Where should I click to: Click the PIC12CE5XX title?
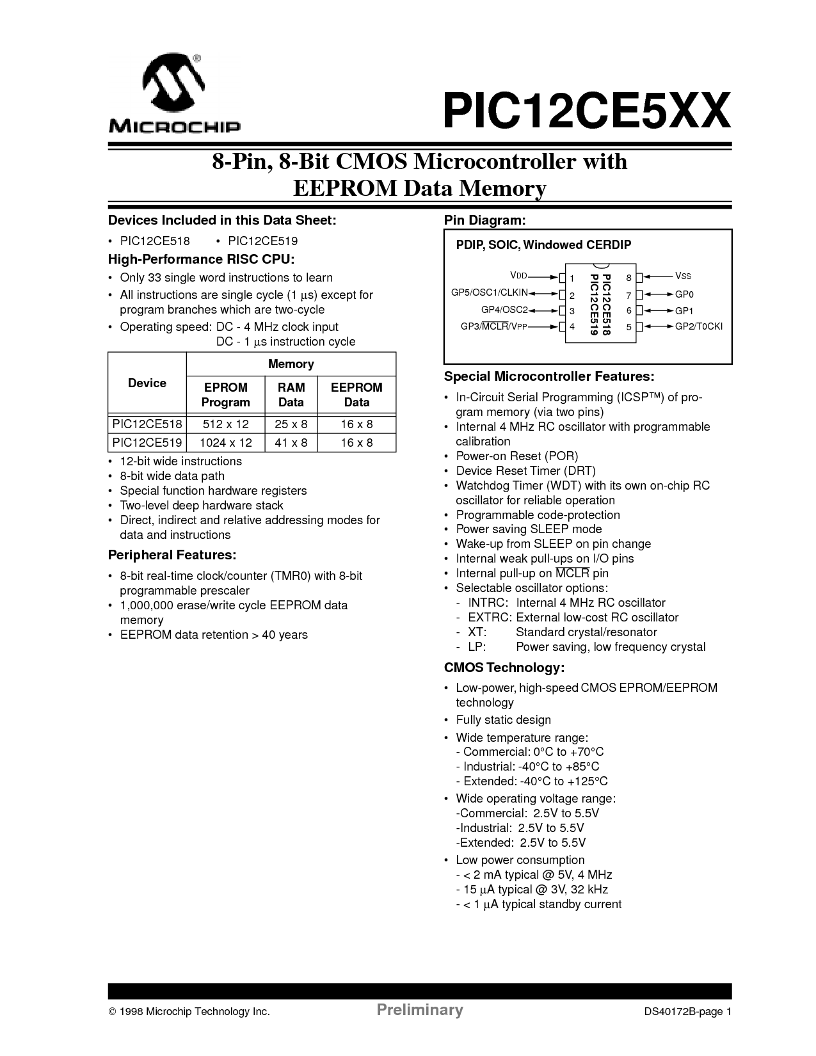(585, 111)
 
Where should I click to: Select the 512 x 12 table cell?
(225, 424)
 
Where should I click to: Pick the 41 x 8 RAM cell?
(291, 443)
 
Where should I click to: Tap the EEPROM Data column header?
(356, 395)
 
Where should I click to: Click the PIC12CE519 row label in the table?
(147, 443)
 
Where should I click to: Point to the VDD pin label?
(518, 275)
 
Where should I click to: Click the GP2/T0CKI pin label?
(698, 326)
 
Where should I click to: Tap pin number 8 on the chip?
(629, 278)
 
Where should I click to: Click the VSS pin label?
(683, 276)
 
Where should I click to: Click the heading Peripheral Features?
(172, 555)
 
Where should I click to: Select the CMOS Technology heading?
(504, 668)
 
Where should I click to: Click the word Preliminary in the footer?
(419, 1011)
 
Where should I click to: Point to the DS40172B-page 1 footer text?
(687, 1012)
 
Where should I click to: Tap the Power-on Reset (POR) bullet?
(516, 456)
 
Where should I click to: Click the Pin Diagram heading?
(485, 221)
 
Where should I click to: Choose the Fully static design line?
(503, 720)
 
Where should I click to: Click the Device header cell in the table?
(147, 383)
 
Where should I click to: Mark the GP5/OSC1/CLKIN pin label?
(490, 293)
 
